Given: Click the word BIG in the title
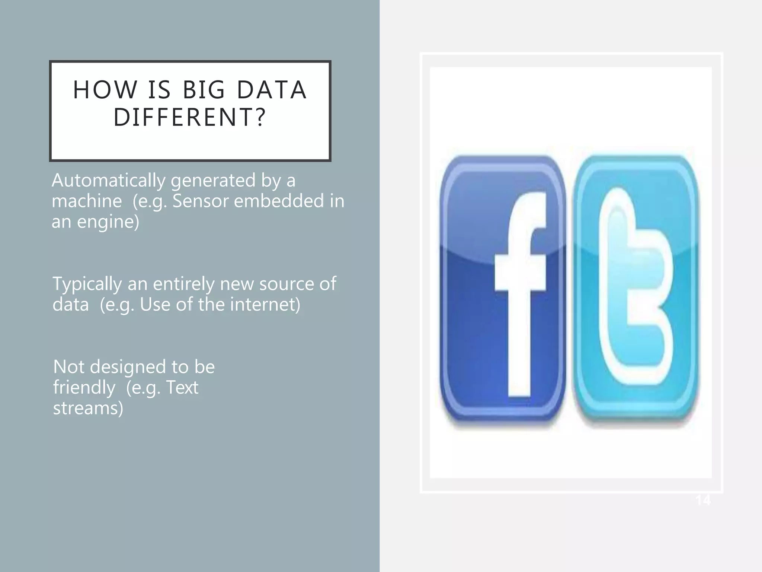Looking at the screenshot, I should click(x=204, y=90).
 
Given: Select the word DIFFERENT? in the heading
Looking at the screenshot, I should click(x=190, y=117).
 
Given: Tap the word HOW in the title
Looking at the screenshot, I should click(x=105, y=90).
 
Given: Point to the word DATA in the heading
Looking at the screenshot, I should click(x=272, y=90).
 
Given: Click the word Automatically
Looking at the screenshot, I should click(x=108, y=181).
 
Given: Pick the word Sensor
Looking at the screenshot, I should click(x=201, y=201).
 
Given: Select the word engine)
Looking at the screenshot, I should click(x=108, y=222).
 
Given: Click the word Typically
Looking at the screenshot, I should click(x=87, y=285).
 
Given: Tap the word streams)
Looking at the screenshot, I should click(x=88, y=408).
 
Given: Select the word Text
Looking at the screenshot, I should click(x=182, y=388).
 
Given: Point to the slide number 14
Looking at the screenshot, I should click(x=703, y=500).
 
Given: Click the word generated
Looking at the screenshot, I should click(x=213, y=181).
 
